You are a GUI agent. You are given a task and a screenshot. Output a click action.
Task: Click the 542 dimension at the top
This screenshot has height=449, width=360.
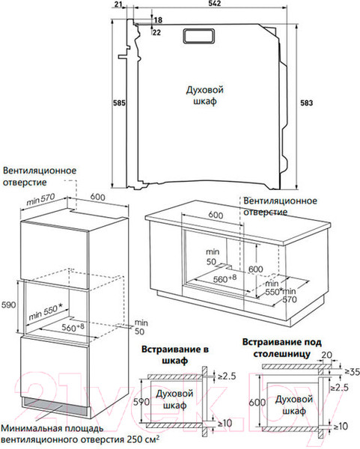(x=215, y=3)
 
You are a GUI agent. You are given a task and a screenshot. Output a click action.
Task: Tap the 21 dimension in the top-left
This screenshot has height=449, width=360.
(x=118, y=4)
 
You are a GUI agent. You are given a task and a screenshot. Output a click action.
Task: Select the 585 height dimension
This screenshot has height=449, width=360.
(x=119, y=103)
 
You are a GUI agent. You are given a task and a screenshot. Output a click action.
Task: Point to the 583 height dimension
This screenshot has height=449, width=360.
(x=306, y=103)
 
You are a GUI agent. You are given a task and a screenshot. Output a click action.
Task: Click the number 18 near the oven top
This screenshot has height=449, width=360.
(x=158, y=20)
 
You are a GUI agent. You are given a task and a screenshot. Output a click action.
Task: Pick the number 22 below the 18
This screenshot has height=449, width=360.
(x=156, y=32)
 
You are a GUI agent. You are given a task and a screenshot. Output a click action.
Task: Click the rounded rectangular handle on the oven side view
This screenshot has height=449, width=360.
(x=198, y=36)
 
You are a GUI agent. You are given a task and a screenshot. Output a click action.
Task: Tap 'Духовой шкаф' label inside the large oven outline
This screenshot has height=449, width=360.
(x=205, y=96)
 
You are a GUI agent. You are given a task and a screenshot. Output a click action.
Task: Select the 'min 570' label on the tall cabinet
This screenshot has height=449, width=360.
(x=40, y=199)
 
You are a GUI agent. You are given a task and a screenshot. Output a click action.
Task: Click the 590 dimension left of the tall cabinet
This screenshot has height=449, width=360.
(x=8, y=305)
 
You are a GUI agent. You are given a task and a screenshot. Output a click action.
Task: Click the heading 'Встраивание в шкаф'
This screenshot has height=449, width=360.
(x=175, y=355)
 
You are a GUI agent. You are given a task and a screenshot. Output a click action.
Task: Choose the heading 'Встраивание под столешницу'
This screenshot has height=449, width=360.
(x=282, y=348)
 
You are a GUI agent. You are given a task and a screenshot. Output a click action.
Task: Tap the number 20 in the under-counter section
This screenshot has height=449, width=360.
(x=326, y=355)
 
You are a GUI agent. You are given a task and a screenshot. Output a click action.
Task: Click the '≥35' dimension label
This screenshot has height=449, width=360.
(x=352, y=372)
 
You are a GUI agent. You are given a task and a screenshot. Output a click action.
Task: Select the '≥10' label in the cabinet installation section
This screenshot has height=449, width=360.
(x=225, y=423)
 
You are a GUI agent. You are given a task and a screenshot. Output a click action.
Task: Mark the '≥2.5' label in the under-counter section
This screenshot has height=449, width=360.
(x=339, y=388)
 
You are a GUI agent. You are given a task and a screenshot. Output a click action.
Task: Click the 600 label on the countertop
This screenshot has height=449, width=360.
(x=216, y=215)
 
